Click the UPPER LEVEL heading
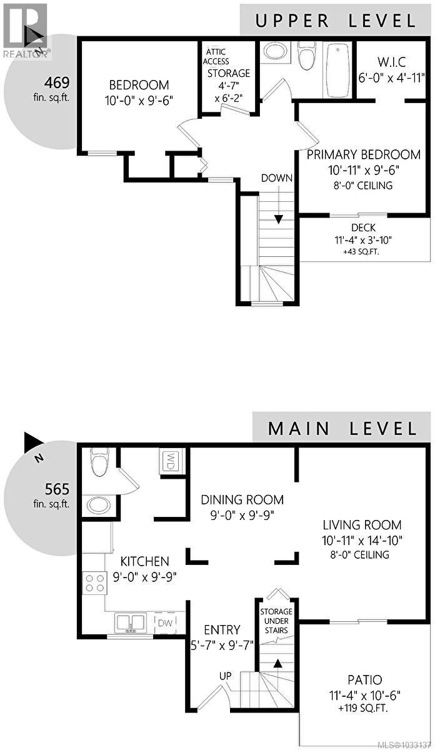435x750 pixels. (336, 20)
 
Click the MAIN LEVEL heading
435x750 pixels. (342, 428)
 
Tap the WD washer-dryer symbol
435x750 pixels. (169, 461)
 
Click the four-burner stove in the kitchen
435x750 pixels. (94, 582)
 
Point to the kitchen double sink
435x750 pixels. (130, 622)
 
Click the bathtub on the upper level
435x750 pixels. (337, 69)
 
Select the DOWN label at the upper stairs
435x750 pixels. (277, 178)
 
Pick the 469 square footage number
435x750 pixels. (57, 82)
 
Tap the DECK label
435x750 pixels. (363, 227)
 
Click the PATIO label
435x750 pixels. (364, 679)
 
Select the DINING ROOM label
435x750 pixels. (242, 500)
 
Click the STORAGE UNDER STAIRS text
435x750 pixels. (275, 617)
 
